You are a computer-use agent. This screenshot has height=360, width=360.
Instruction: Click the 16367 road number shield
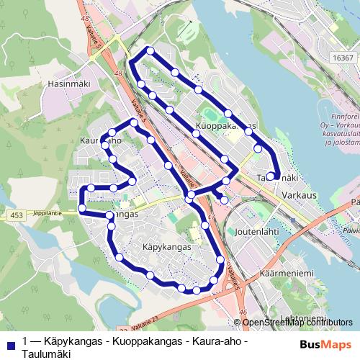click(343, 58)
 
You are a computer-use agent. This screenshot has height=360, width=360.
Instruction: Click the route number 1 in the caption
click(26, 341)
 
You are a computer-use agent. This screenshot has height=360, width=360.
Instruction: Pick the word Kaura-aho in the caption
click(220, 341)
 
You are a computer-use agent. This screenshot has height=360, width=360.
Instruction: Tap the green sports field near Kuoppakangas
click(210, 114)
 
